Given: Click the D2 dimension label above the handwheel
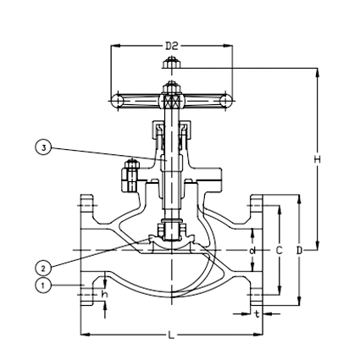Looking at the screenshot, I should pyautogui.click(x=172, y=45).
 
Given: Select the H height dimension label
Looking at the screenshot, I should pyautogui.click(x=318, y=158).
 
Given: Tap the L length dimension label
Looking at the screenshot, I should pyautogui.click(x=171, y=335).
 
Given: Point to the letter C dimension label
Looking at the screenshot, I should pyautogui.click(x=279, y=250).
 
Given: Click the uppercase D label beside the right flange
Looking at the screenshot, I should pyautogui.click(x=299, y=250).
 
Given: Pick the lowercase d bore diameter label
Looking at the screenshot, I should pyautogui.click(x=252, y=250).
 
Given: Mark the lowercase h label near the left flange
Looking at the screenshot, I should pyautogui.click(x=104, y=294).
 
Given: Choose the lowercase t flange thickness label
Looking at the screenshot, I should pyautogui.click(x=256, y=313).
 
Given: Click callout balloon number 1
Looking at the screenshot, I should pyautogui.click(x=42, y=285).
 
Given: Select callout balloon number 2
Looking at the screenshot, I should pyautogui.click(x=42, y=268).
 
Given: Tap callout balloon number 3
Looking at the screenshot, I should pyautogui.click(x=42, y=147).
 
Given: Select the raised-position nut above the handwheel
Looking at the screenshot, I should pyautogui.click(x=171, y=63).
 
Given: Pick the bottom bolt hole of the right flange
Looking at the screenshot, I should pyautogui.click(x=256, y=296).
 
